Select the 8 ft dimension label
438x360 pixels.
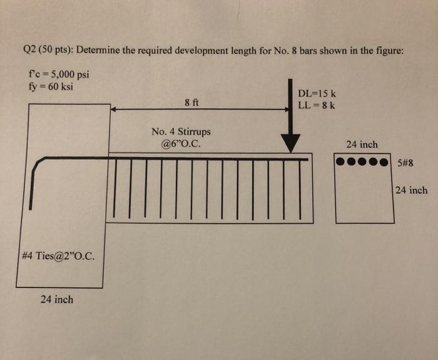point(191,103)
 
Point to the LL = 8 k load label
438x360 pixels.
point(317,105)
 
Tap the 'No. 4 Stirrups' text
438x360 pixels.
point(181,131)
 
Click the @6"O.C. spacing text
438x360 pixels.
point(181,143)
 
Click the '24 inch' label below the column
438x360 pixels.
point(56,299)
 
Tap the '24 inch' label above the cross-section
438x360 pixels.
point(362,144)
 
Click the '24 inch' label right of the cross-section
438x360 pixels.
point(411,190)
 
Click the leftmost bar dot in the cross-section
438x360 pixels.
point(342,162)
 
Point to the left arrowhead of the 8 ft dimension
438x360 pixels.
point(114,109)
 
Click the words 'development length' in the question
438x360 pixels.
point(216,50)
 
